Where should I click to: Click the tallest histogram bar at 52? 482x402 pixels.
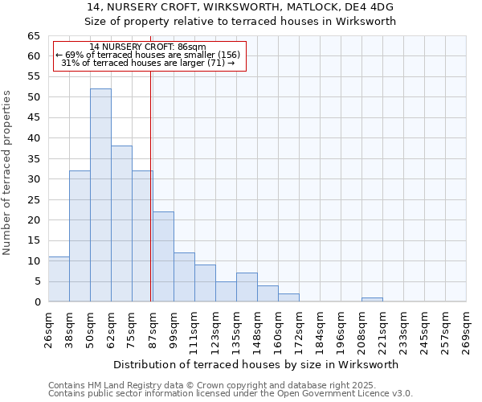coord(100,195)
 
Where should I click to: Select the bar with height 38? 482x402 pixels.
coord(121,224)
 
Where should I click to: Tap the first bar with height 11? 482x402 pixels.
coord(59,279)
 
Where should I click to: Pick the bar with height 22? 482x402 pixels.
coord(163,256)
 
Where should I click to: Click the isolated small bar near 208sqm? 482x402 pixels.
coord(372,300)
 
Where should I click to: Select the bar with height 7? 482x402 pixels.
coord(247,288)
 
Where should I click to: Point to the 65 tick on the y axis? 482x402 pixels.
coord(34,36)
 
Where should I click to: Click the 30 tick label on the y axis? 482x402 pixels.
coord(34,179)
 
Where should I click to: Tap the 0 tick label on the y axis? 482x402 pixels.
coord(37,302)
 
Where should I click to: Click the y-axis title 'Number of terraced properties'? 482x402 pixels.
coord(7,172)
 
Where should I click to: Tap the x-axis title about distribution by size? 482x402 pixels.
coord(256,364)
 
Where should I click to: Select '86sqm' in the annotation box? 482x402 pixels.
coord(193,47)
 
